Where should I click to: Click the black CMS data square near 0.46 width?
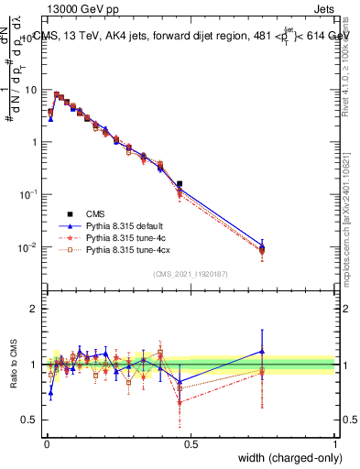(x=180, y=184)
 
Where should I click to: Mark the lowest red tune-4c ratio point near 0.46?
(x=180, y=401)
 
